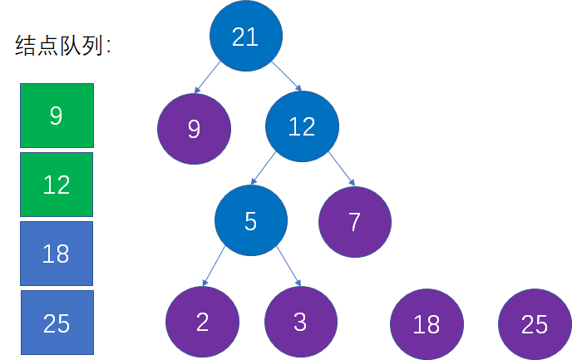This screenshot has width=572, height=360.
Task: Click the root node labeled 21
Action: click(x=246, y=36)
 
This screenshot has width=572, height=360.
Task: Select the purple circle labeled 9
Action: click(x=194, y=129)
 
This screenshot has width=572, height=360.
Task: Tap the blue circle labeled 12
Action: click(x=302, y=126)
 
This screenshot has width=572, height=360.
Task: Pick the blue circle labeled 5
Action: click(x=251, y=220)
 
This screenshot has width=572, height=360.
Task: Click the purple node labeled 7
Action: click(x=355, y=222)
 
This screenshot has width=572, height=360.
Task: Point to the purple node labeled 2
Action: click(x=203, y=322)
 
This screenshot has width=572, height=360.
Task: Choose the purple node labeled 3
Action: click(x=301, y=322)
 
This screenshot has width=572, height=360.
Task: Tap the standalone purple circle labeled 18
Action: click(x=427, y=324)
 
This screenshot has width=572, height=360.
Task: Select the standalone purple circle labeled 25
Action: click(x=535, y=324)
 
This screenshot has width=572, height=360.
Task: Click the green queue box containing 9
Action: click(x=57, y=116)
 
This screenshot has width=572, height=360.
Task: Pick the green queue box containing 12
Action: click(x=57, y=185)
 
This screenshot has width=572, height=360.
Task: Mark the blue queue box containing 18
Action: click(x=57, y=254)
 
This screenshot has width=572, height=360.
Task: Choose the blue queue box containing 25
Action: click(x=57, y=323)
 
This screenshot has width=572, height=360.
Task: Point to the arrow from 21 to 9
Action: click(x=207, y=77)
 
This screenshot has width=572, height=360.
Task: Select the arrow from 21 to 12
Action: click(x=287, y=76)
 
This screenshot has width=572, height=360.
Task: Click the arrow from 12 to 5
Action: click(x=264, y=168)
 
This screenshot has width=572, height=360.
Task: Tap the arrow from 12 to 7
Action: click(x=342, y=169)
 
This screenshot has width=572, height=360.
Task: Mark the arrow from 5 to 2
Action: click(x=214, y=266)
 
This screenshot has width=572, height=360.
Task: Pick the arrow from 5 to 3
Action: click(x=288, y=266)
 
